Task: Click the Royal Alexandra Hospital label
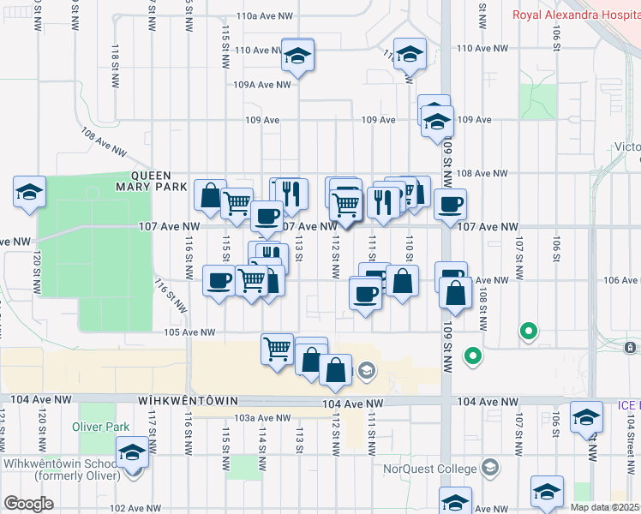point(576,14)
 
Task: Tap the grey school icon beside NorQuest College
point(488,468)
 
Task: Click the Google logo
point(28,504)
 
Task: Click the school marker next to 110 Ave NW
point(297,56)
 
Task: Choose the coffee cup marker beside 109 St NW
point(450,204)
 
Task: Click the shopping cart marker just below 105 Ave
point(277,349)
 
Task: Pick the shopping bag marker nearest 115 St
point(210,195)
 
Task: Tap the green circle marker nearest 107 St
point(529,331)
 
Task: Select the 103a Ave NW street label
point(258,418)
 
